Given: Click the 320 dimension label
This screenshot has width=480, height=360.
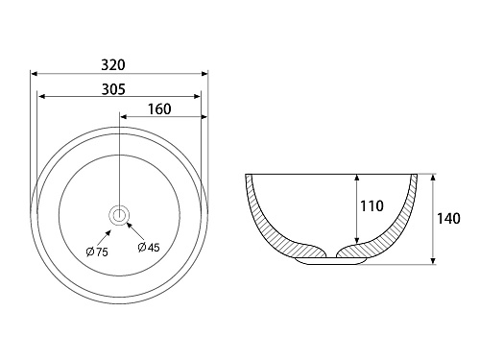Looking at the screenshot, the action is tap(113, 65).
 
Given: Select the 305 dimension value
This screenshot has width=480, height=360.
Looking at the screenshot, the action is tap(113, 89).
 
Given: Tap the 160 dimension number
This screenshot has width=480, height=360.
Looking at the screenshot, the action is tap(159, 109).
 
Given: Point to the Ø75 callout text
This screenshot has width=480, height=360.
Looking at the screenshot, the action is tap(97, 252).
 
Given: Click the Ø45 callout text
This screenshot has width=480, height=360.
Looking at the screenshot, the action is tap(149, 247).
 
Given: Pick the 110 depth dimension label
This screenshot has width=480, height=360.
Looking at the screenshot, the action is tap(372, 206).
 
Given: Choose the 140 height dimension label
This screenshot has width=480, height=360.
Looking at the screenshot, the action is tap(448, 219).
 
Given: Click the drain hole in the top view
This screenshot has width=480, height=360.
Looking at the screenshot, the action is tap(119, 215).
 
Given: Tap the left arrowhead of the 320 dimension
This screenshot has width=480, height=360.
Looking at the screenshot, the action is tap(35, 74).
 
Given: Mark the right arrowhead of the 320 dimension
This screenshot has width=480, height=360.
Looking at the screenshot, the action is tap(204, 74).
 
